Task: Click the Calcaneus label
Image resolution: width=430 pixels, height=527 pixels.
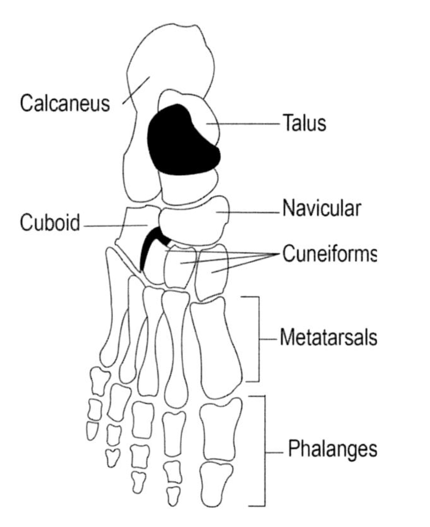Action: pyautogui.click(x=65, y=103)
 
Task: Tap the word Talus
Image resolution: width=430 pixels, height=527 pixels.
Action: pyautogui.click(x=304, y=123)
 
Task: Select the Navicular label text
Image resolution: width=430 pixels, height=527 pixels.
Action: pyautogui.click(x=321, y=209)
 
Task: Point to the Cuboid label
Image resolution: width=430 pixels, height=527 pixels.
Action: pyautogui.click(x=50, y=223)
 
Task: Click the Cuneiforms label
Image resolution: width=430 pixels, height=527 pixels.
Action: pyautogui.click(x=329, y=254)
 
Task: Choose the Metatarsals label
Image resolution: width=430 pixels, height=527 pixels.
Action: pyautogui.click(x=328, y=337)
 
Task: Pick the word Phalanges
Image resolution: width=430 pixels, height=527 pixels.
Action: pyautogui.click(x=332, y=449)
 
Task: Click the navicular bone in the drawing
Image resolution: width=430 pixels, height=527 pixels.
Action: pyautogui.click(x=194, y=220)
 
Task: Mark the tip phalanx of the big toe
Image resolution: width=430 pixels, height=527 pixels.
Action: pyautogui.click(x=216, y=484)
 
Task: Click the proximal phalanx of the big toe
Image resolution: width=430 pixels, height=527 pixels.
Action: pyautogui.click(x=221, y=429)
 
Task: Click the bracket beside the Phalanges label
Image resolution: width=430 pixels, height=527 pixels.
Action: pyautogui.click(x=265, y=451)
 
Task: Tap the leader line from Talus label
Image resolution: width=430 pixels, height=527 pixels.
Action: pyautogui.click(x=243, y=124)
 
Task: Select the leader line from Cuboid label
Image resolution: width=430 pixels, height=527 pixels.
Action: pyautogui.click(x=116, y=226)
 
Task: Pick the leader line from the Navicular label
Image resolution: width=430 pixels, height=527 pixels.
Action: pyautogui.click(x=248, y=212)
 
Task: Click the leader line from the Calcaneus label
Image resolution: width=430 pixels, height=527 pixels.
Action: pyautogui.click(x=136, y=90)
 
